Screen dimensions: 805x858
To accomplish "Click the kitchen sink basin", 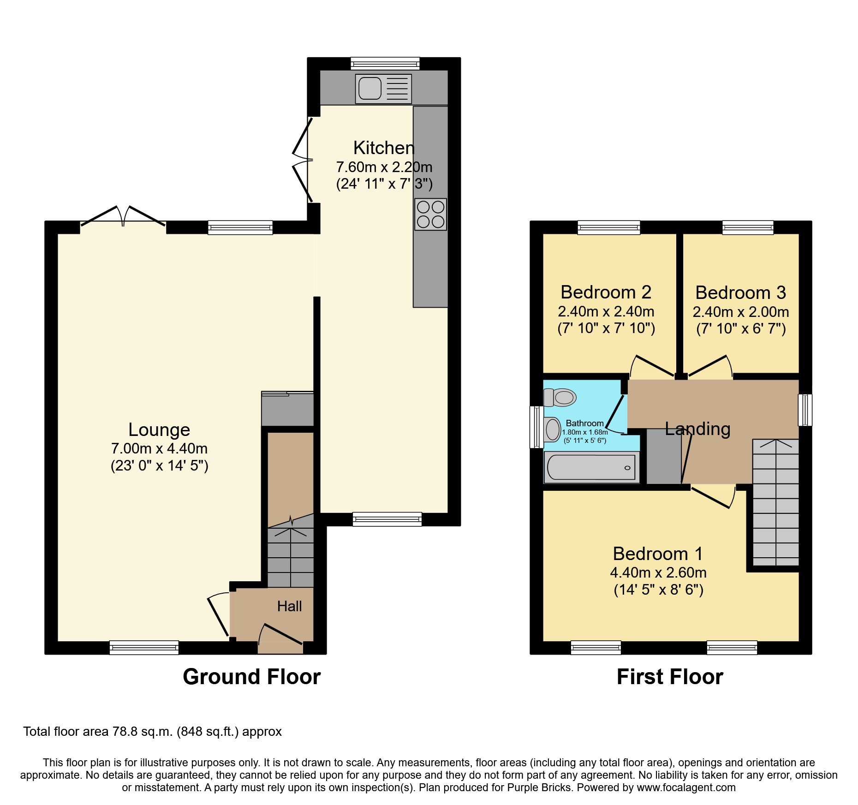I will point(370,88).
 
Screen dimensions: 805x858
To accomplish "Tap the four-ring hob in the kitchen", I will point(430,215).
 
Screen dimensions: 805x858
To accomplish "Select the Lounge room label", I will point(159,429).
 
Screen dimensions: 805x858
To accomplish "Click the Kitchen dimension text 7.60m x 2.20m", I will point(384,167).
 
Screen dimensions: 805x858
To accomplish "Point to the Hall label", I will point(289,606).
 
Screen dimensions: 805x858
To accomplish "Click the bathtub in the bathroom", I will point(591,467).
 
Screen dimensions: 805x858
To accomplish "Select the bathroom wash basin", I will point(552,429).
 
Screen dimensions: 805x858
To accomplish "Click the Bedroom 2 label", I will point(606,292).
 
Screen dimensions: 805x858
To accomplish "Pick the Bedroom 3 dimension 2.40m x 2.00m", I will point(740,312).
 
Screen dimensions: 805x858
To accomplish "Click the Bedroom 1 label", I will point(658,554).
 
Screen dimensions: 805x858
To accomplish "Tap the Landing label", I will point(697,429).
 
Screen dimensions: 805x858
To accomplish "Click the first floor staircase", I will point(775,503).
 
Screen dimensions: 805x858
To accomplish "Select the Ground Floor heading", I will point(251,677).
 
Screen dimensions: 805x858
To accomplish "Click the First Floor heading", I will point(670,677).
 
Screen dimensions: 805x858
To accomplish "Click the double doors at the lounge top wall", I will point(123,217).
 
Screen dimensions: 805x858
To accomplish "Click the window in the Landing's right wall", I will point(805,410).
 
